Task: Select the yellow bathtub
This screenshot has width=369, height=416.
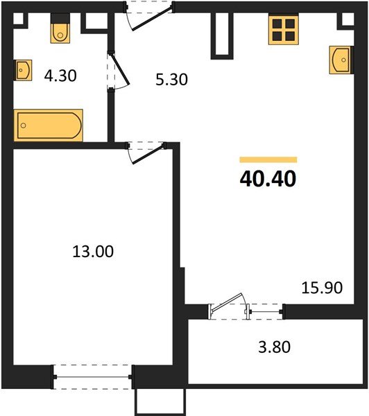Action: [49, 124]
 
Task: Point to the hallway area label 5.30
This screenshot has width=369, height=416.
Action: [171, 80]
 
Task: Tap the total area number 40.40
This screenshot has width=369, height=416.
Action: [268, 179]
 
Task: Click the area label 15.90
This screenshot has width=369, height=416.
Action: [322, 286]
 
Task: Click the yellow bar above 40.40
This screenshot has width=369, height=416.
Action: [268, 159]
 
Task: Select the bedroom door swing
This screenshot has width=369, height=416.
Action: [146, 153]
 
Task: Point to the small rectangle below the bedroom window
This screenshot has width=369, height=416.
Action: [160, 401]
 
